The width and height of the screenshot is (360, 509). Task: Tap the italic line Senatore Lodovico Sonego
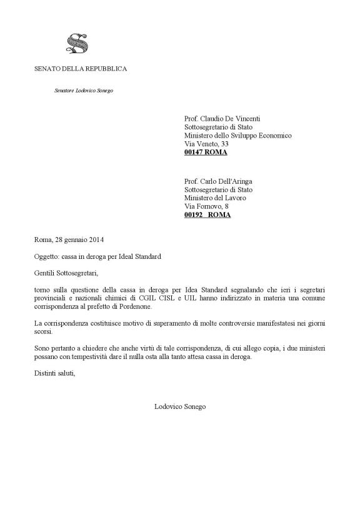click(83, 91)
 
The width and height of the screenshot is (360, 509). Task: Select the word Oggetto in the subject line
click(47, 257)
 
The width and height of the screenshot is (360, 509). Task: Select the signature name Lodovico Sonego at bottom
click(180, 406)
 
